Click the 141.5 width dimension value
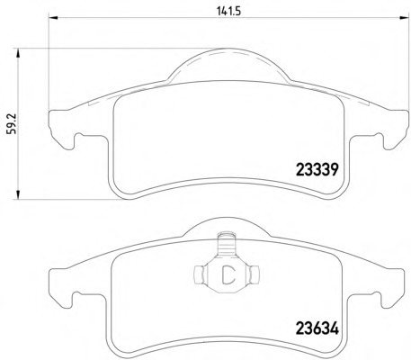(228, 11)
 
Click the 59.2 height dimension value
(12, 124)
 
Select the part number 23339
(317, 170)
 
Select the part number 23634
(317, 328)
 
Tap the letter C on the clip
(228, 274)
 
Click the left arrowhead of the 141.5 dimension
(53, 17)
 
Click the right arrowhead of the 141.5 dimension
(404, 17)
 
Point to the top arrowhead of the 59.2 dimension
(18, 52)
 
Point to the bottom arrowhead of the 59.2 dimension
(18, 194)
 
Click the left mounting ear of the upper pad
(61, 129)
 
